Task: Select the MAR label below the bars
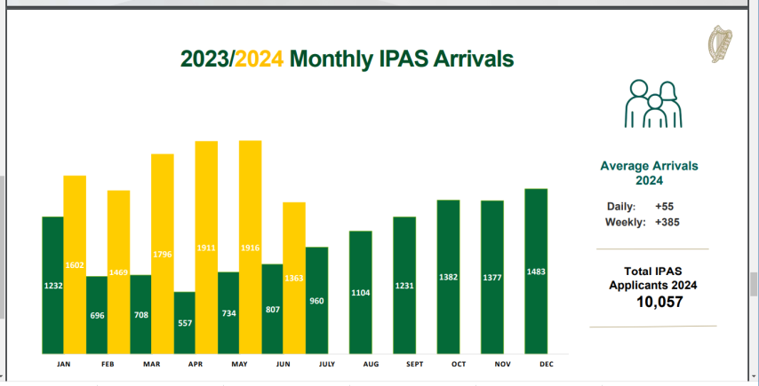[x=151, y=364]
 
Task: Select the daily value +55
[x=664, y=206]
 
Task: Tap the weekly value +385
[x=667, y=222]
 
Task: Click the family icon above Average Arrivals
[x=652, y=105]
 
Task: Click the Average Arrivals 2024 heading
[x=649, y=173]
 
